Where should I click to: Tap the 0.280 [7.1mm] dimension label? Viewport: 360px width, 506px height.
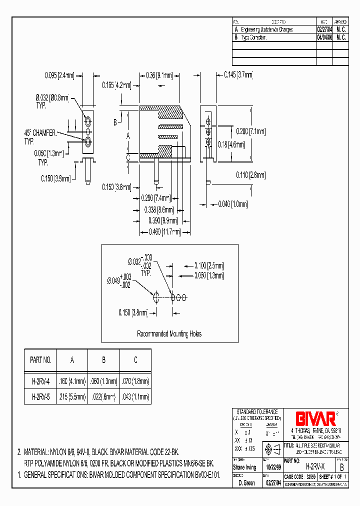250,131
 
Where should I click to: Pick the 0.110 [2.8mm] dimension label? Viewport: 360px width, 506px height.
250,175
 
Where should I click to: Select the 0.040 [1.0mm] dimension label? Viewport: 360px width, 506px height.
232,204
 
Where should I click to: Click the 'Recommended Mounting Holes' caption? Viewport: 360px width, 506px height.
169,334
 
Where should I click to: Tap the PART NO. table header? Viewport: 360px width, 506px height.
40,360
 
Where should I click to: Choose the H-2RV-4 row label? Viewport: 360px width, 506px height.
40,381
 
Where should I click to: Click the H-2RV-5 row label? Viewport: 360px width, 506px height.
40,397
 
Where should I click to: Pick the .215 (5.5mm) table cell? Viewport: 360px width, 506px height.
72,397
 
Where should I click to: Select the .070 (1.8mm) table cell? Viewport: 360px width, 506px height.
135,381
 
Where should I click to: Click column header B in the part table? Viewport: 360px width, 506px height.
103,360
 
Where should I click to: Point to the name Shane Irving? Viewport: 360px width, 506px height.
244,467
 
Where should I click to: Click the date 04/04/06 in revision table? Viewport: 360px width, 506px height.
323,37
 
